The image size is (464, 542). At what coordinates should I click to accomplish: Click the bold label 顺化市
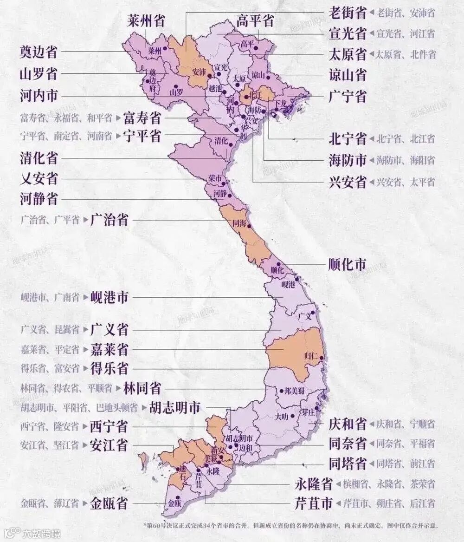[x=347, y=265]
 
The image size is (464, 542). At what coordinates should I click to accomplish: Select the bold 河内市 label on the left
[x=39, y=96]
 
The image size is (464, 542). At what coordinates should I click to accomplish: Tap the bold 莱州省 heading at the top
[x=147, y=21]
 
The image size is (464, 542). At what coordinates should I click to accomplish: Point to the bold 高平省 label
[x=255, y=21]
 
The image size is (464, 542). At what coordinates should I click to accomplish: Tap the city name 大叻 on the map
[x=282, y=417]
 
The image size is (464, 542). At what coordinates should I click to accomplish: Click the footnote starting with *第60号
[x=291, y=526]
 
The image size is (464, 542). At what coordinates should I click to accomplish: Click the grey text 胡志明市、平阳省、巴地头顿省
[x=79, y=408]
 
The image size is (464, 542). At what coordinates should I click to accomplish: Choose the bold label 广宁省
[x=347, y=96]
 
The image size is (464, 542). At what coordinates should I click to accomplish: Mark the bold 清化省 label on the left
[x=39, y=158]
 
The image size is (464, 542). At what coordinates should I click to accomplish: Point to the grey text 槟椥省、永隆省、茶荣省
[x=389, y=484]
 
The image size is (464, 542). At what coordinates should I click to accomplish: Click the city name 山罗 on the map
[x=176, y=91]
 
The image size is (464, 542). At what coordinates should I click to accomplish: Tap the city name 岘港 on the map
[x=288, y=284]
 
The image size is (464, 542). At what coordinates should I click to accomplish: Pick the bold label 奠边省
[x=39, y=52]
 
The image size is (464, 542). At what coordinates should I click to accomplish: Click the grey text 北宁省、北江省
[x=405, y=138]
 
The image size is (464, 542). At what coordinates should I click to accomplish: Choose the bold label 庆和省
[x=347, y=424]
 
